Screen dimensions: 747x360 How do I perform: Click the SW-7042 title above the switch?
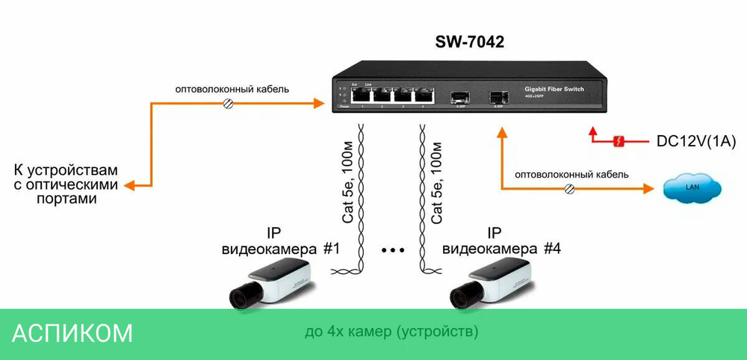[470, 43]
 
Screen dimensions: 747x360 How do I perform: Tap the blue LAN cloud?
[693, 187]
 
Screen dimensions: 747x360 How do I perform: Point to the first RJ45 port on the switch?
[362, 96]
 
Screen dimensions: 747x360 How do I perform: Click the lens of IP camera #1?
[241, 298]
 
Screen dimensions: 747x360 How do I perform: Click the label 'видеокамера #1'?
[281, 249]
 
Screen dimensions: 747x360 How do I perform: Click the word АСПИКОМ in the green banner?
[72, 333]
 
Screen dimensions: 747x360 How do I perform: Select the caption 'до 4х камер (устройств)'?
[391, 330]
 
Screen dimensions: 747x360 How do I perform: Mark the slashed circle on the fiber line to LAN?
[568, 189]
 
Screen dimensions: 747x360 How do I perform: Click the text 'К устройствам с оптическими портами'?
[67, 184]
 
